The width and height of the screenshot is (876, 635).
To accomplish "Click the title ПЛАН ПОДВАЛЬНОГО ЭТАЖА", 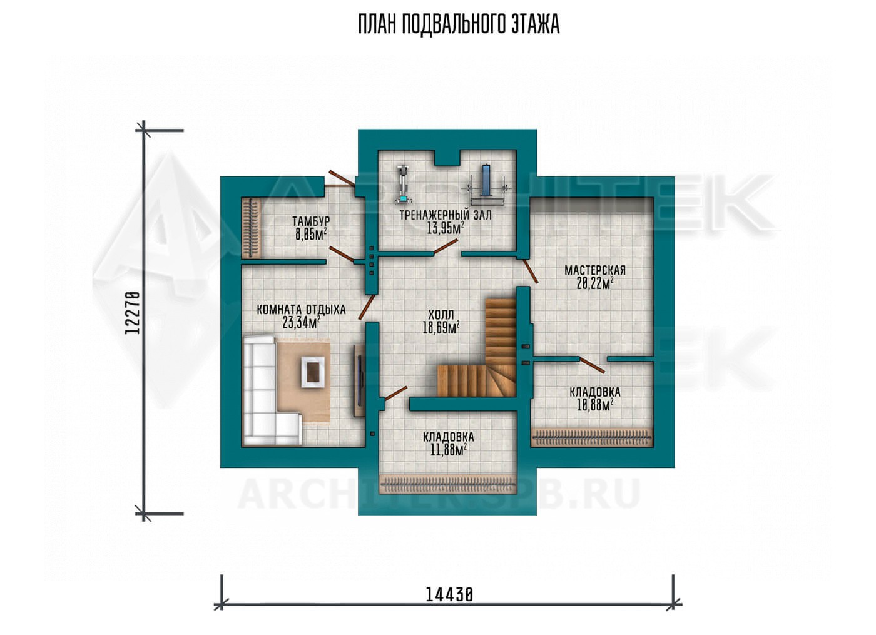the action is [459, 25].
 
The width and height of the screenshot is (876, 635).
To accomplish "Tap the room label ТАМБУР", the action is [311, 221].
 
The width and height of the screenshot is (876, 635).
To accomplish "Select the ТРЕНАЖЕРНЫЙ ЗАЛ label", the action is [446, 215].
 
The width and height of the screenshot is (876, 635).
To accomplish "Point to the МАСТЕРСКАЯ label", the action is [595, 270].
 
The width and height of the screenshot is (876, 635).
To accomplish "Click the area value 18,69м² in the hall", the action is [441, 328].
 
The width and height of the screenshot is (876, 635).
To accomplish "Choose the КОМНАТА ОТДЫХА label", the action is [301, 310].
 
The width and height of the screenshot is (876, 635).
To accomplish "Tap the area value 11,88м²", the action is [449, 450].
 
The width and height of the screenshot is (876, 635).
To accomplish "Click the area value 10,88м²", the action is [595, 405].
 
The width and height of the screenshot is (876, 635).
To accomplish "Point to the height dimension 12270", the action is [133, 313].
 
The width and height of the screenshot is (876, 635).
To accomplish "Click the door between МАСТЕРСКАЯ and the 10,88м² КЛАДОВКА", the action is [592, 364].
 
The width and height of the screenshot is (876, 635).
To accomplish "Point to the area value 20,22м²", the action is [595, 283].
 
